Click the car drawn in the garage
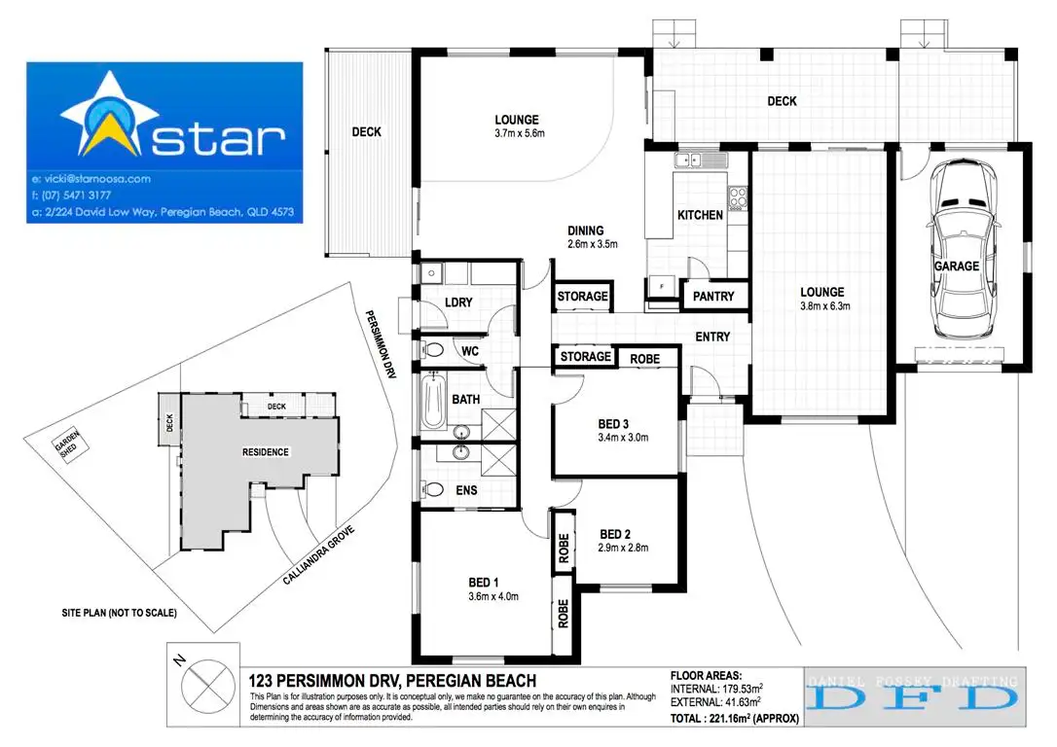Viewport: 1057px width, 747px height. [x=962, y=258]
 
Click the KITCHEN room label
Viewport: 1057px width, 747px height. [x=700, y=215]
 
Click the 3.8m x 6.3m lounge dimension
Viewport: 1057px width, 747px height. [x=822, y=306]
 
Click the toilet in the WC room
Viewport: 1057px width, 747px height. [x=434, y=350]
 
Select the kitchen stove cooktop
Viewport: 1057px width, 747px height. [x=738, y=198]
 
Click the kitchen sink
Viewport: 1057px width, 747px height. [x=695, y=160]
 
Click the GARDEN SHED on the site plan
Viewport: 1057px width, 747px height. [x=69, y=448]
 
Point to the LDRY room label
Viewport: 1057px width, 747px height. [x=457, y=302]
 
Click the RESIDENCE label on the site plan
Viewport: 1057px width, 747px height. [x=265, y=452]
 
